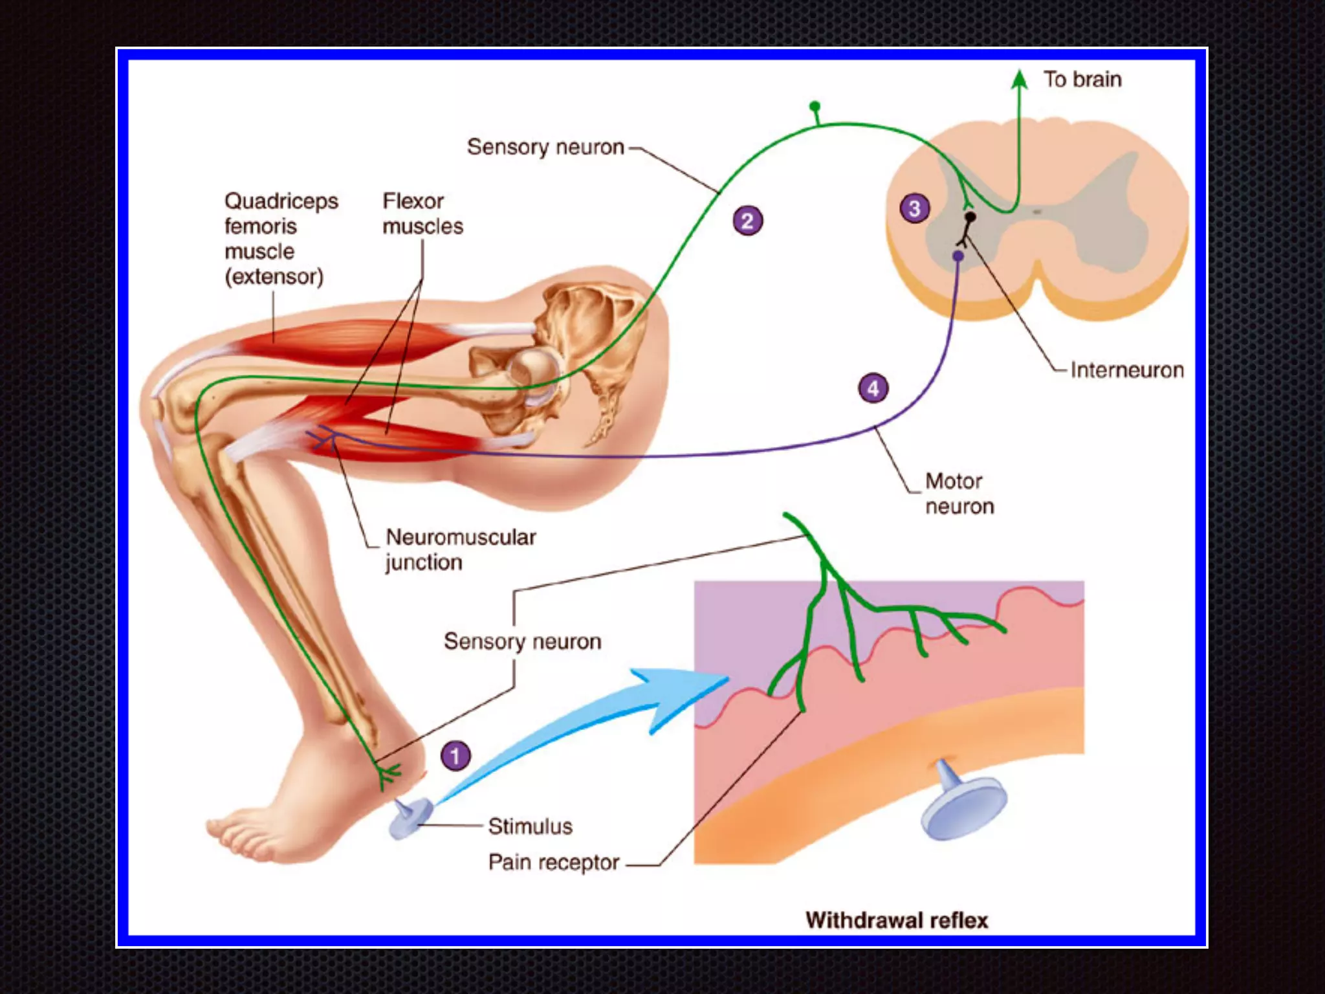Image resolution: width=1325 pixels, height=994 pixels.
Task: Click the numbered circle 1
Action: (455, 756)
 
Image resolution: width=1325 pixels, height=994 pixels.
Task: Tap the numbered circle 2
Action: (747, 221)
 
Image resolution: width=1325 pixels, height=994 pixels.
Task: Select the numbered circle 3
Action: (914, 208)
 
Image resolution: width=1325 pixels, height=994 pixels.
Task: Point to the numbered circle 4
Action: (873, 388)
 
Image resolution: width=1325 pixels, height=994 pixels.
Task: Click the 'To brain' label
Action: (1082, 80)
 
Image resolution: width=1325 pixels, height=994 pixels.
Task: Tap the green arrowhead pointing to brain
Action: (1020, 79)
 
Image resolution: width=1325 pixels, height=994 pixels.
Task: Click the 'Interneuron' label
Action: (1126, 370)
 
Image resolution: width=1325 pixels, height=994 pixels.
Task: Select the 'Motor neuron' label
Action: (959, 494)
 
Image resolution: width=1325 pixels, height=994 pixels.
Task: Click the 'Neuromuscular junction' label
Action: (460, 549)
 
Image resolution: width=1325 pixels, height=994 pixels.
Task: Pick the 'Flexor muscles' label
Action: (422, 214)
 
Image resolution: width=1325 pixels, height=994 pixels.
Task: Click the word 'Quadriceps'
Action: (281, 201)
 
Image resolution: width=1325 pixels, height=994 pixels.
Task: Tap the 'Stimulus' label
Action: (530, 826)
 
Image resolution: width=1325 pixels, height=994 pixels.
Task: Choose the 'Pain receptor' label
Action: (553, 863)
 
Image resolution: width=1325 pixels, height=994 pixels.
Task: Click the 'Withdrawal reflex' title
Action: (897, 920)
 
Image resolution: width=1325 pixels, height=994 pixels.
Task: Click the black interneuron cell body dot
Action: (970, 217)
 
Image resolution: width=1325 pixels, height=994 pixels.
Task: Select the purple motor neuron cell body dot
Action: (958, 256)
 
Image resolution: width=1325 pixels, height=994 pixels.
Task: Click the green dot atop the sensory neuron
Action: (815, 106)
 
